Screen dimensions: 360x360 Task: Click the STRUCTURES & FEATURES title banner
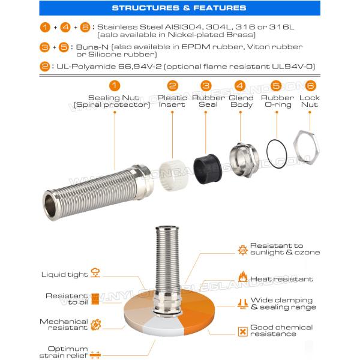click(x=179, y=8)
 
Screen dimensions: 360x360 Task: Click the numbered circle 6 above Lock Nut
click(x=310, y=86)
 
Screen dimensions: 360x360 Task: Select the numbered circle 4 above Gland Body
click(x=240, y=86)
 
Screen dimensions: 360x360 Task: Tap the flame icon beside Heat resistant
click(x=243, y=277)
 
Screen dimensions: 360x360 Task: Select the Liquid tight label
click(x=64, y=274)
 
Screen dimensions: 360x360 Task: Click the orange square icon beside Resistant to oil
click(x=95, y=298)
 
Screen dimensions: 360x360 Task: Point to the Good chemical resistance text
click(x=281, y=331)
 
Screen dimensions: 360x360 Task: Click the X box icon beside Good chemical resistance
click(x=242, y=331)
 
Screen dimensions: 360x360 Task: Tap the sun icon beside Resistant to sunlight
click(x=242, y=250)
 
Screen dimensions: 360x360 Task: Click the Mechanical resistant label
click(x=64, y=325)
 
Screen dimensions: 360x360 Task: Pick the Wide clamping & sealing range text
click(x=281, y=304)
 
